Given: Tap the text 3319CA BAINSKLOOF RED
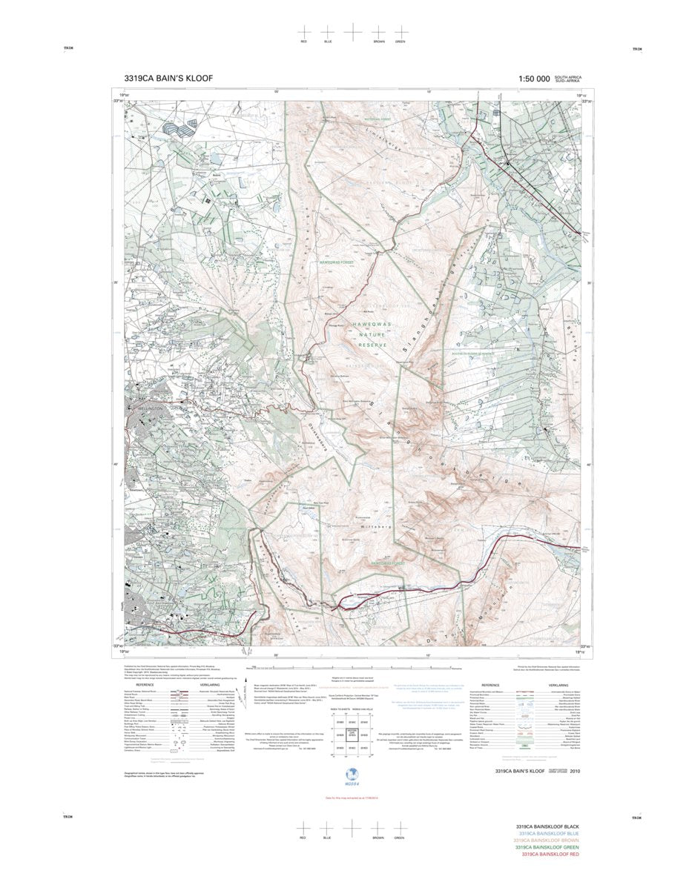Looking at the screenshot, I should (550, 855).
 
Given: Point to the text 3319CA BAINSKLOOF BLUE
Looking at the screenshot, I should (550, 833).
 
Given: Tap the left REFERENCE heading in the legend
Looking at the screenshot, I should (145, 685).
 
